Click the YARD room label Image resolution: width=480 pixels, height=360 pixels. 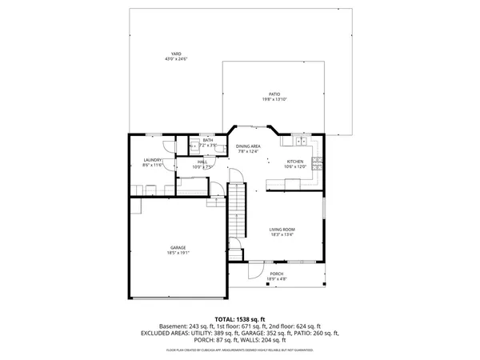click(x=175, y=54)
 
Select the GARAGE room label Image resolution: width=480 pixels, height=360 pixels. click(x=178, y=247)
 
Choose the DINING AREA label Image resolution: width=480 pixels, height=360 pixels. click(x=248, y=146)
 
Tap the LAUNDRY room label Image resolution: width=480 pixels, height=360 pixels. click(x=153, y=159)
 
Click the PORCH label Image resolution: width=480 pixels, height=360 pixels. click(x=276, y=274)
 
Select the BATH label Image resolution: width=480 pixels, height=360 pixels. click(x=207, y=140)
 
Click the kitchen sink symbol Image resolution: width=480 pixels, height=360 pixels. click(x=301, y=142)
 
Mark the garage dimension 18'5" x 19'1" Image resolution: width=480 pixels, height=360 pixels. click(x=178, y=253)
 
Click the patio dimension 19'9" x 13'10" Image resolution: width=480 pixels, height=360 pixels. click(x=274, y=100)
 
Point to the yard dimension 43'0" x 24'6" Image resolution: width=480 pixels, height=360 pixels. click(x=175, y=59)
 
